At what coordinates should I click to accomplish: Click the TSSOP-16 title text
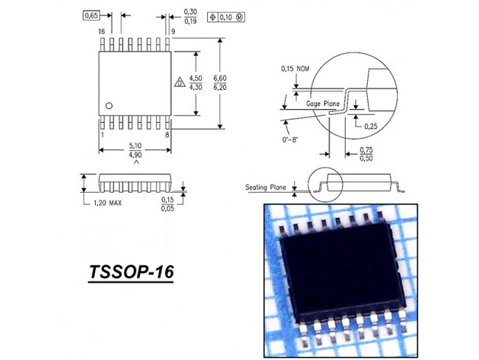pyautogui.click(x=131, y=272)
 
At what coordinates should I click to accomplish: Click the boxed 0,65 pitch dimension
pyautogui.click(x=91, y=15)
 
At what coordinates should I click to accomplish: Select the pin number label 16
pyautogui.click(x=102, y=32)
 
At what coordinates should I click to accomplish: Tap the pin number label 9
pyautogui.click(x=173, y=32)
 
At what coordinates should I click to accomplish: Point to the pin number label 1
pyautogui.click(x=102, y=135)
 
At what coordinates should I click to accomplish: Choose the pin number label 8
pyautogui.click(x=167, y=135)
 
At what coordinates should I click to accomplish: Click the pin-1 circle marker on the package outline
pyautogui.click(x=109, y=106)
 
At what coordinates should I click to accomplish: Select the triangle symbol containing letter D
pyautogui.click(x=180, y=82)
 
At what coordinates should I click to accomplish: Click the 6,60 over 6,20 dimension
pyautogui.click(x=220, y=83)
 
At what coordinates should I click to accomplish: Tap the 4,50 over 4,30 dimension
pyautogui.click(x=195, y=83)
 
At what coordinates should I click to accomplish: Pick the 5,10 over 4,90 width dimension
pyautogui.click(x=135, y=150)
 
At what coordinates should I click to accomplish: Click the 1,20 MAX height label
pyautogui.click(x=108, y=203)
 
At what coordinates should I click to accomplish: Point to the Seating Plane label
pyautogui.click(x=266, y=187)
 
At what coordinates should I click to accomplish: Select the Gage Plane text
pyautogui.click(x=323, y=104)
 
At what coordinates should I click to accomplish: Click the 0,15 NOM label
pyautogui.click(x=295, y=68)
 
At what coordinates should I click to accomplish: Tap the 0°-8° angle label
pyautogui.click(x=290, y=140)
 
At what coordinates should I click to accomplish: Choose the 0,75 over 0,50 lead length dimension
pyautogui.click(x=366, y=154)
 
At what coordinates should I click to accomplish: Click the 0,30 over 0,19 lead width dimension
pyautogui.click(x=190, y=16)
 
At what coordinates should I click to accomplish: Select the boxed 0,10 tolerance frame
pyautogui.click(x=226, y=17)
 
